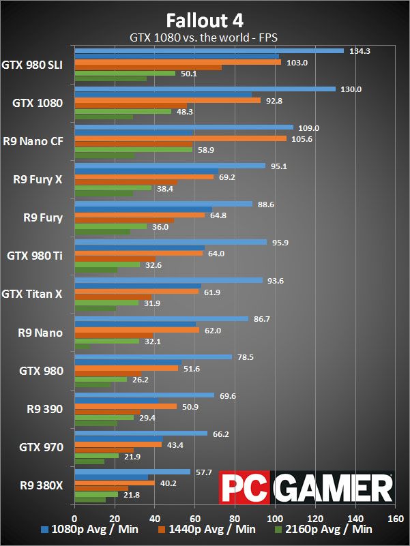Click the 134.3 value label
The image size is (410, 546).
361,51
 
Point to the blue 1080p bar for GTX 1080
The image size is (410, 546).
205,89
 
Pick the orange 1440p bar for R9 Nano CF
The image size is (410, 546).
180,138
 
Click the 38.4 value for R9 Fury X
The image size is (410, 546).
166,188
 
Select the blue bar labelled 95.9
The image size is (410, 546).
171,242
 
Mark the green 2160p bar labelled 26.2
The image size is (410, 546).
100,380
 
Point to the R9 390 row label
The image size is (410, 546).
44,409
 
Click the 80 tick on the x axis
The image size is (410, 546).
235,516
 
